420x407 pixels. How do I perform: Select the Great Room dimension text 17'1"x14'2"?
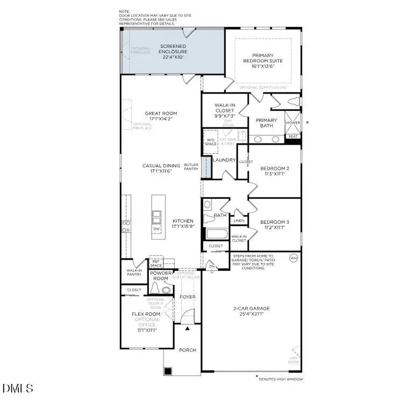pos(161,119)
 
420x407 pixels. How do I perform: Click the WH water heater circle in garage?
pos(294,258)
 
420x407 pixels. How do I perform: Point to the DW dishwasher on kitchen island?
pos(157,229)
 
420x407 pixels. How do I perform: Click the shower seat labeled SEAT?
pos(293,137)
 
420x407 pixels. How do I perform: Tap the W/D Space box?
pos(211,142)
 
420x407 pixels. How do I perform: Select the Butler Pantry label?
pos(191,167)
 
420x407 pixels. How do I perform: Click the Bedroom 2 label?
pos(274,168)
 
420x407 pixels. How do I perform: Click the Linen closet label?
pos(239,220)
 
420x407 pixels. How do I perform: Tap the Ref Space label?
pos(156,263)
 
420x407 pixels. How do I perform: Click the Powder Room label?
pos(160,275)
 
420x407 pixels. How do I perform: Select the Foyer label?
pos(188,297)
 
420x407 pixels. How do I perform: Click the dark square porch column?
pos(168,371)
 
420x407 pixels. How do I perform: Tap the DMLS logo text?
pos(18,388)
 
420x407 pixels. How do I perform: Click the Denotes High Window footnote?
pos(281,379)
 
